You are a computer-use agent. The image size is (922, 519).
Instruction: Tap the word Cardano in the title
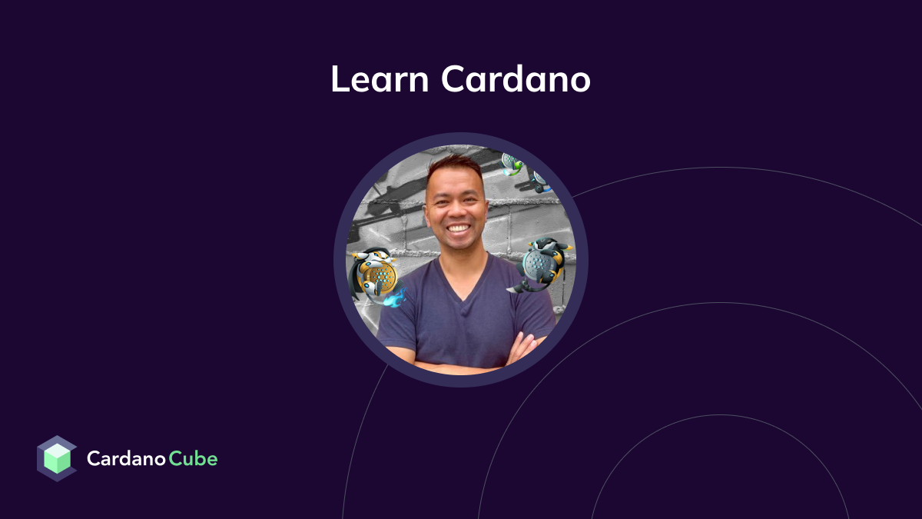pos(516,79)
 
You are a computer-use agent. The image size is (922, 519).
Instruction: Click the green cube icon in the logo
pos(57,459)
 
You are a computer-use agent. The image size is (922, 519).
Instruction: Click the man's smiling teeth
pos(459,228)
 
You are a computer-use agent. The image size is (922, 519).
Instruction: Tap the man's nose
pos(458,208)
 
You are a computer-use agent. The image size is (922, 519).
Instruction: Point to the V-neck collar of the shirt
pos(462,288)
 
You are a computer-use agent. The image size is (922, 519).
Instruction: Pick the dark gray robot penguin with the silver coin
pos(542,263)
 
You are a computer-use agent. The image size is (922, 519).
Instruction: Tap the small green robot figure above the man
pos(512,164)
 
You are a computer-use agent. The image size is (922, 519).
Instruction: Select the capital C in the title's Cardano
pos(453,79)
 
